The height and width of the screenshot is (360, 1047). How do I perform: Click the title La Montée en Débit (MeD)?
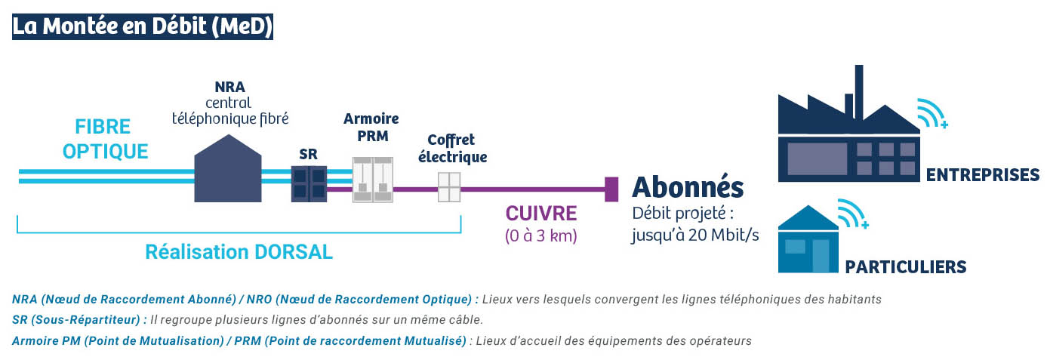[x=143, y=26]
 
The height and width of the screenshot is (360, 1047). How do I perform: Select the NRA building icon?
[x=228, y=169]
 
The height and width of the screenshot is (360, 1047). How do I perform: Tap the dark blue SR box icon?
[x=309, y=183]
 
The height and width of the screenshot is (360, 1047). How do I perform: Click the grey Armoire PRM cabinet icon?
[x=372, y=180]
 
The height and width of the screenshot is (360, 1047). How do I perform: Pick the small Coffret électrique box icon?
[x=449, y=187]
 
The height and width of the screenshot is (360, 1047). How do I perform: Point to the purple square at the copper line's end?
[x=611, y=189]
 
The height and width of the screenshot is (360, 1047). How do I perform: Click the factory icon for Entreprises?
[x=848, y=124]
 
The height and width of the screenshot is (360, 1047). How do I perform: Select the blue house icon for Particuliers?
[x=808, y=239]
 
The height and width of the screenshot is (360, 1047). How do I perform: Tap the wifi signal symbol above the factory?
[x=932, y=113]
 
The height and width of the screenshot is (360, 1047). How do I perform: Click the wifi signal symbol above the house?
[x=853, y=214]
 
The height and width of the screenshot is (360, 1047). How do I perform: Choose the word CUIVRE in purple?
[x=541, y=214]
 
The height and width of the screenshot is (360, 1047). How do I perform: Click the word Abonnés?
[x=688, y=187]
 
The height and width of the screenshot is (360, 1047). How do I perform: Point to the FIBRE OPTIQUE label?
[x=105, y=140]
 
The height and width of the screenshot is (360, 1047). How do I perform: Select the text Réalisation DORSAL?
[x=239, y=252]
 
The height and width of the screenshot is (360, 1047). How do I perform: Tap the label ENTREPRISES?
[x=983, y=175]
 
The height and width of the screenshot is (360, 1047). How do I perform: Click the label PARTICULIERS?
[x=905, y=267]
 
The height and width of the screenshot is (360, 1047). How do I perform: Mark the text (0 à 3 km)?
[x=541, y=235]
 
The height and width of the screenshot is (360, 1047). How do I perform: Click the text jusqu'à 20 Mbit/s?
[x=695, y=235]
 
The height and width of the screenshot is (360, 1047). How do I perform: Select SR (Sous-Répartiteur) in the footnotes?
[x=76, y=320]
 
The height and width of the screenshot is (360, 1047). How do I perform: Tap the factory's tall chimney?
[x=859, y=92]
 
